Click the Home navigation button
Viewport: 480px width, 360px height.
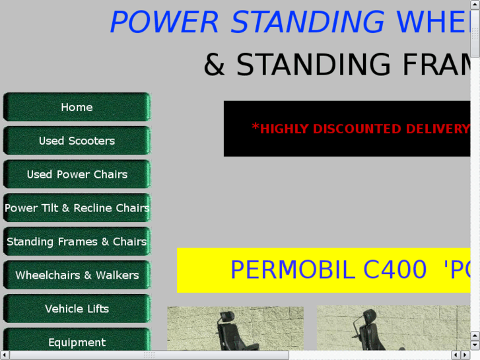(77, 107)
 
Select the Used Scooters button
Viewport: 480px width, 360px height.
(77, 141)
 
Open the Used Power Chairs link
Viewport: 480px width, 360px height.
(77, 174)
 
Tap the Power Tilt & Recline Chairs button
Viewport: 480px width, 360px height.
(77, 207)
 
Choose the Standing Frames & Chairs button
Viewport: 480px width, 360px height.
(77, 241)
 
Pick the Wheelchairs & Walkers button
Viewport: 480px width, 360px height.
(77, 275)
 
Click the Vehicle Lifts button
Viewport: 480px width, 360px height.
(77, 308)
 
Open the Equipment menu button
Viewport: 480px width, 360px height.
(77, 340)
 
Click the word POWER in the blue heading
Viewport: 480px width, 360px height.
(164, 22)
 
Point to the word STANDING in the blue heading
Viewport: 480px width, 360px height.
(308, 22)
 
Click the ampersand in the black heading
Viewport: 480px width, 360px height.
(215, 64)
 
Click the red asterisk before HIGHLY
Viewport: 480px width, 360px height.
(256, 126)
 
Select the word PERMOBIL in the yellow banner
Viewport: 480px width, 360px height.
(293, 270)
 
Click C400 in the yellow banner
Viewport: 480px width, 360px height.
(395, 270)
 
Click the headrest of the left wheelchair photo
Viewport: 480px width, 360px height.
(226, 318)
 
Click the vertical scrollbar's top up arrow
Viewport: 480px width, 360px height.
(475, 4)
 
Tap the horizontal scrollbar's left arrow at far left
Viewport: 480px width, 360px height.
(4, 355)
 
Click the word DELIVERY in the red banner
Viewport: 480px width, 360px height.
(438, 129)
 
